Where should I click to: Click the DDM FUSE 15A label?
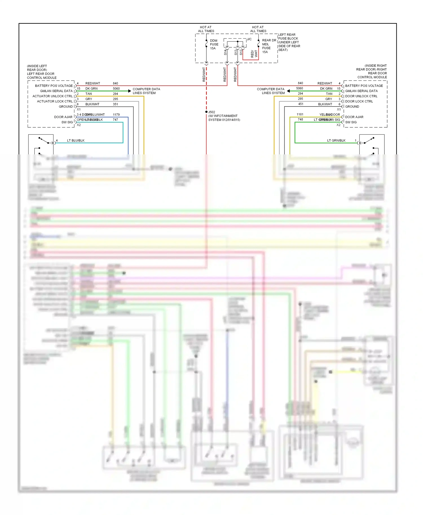tap(214, 45)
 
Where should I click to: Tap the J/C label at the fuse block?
tap(249, 39)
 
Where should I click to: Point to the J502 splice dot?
tap(206, 112)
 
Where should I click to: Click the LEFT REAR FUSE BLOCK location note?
tap(289, 42)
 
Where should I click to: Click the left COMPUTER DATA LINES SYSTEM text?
tap(146, 91)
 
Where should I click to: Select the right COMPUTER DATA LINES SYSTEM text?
tap(271, 91)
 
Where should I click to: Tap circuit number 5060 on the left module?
tap(116, 88)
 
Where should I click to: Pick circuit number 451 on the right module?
tap(301, 104)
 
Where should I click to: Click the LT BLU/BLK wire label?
tap(76, 140)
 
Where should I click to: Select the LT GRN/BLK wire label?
tap(336, 140)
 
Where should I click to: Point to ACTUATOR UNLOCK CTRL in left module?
tap(52, 96)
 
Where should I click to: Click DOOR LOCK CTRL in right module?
tap(359, 101)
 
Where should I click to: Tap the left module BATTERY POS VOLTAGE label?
tap(54, 86)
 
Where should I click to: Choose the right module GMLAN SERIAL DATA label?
tap(361, 91)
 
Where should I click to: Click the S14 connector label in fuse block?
tap(225, 52)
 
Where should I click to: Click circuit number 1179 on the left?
tap(116, 115)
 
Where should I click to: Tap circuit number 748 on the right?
tap(300, 119)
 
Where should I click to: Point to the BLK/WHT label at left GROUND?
tap(92, 104)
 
